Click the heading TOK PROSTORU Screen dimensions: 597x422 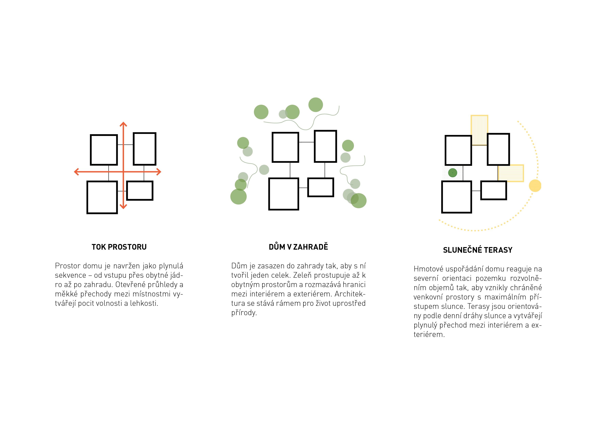(x=119, y=247)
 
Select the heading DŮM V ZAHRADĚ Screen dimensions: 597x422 (x=298, y=247)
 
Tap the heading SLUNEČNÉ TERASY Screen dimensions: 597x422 (x=478, y=250)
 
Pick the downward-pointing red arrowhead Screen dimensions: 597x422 (x=123, y=206)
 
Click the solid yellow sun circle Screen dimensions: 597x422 (x=535, y=186)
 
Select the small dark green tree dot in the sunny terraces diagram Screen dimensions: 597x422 (x=453, y=173)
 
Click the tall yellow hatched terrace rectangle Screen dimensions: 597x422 (x=479, y=130)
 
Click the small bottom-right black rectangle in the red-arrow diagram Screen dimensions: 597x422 (x=140, y=191)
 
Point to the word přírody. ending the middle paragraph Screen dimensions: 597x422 (x=244, y=313)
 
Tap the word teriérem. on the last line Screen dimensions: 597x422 (x=429, y=334)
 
